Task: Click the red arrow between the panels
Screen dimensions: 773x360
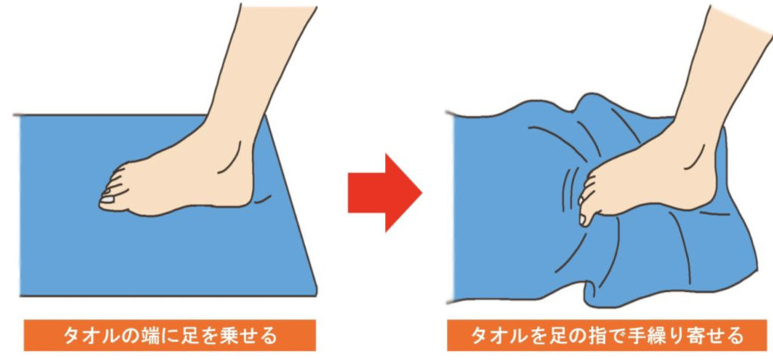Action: pyautogui.click(x=384, y=192)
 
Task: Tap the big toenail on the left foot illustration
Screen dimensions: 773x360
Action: pyautogui.click(x=107, y=200)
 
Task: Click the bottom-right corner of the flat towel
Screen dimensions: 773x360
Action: pyautogui.click(x=316, y=295)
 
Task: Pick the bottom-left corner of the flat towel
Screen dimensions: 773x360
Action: pyautogui.click(x=20, y=296)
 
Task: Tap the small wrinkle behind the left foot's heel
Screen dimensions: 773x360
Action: pyautogui.click(x=262, y=198)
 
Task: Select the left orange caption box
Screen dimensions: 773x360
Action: pyautogui.click(x=170, y=335)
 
